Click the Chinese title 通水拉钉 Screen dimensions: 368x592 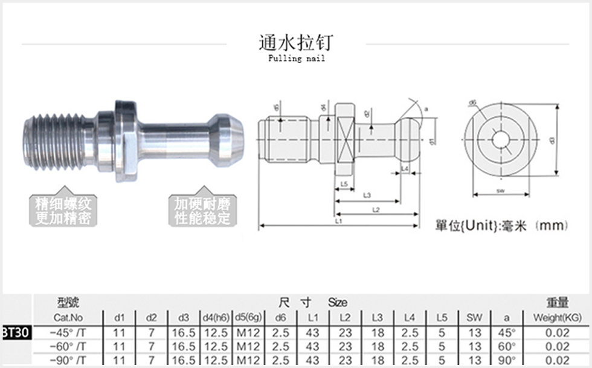coord(295,42)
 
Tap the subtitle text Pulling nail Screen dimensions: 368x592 coord(295,59)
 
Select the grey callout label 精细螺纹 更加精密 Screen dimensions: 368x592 coord(63,210)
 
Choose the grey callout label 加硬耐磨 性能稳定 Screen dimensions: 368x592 coord(202,210)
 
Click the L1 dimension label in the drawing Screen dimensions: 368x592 coord(338,222)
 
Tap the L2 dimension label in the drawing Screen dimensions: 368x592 coord(375,209)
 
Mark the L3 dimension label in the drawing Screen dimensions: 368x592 coord(367,195)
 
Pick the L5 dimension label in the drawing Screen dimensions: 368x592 coord(344,183)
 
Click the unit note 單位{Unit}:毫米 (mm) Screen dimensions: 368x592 coord(502,226)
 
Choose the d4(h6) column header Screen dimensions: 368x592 coord(215,317)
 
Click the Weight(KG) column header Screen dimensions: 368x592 coord(557,317)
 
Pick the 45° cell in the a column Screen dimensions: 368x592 coord(506,332)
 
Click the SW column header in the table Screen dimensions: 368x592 coord(475,317)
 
